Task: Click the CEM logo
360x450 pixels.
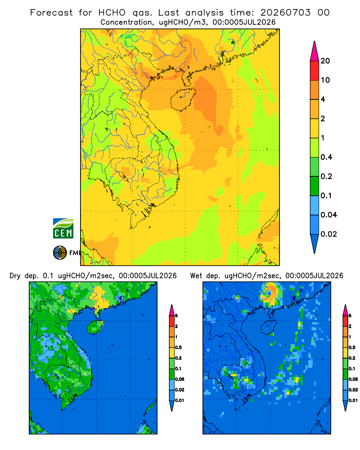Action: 63,229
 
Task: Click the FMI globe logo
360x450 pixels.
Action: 60,252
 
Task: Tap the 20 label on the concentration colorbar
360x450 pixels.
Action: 325,61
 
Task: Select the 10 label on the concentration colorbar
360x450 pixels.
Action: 325,80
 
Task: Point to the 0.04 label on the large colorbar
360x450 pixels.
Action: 328,215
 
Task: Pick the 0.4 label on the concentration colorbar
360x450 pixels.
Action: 326,157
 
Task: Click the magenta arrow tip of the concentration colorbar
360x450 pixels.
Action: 315,51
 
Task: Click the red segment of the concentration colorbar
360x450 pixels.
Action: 315,71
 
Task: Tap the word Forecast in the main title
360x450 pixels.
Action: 51,13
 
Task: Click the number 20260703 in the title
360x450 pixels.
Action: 285,13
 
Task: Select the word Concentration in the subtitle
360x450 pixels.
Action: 126,22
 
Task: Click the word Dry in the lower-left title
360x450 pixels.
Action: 15,276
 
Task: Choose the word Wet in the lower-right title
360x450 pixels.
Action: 196,276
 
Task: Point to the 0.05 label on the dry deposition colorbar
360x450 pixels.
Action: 180,379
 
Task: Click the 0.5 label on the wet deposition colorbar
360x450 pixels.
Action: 351,347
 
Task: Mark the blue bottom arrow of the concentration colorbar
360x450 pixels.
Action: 315,243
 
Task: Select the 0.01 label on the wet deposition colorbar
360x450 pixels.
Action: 353,400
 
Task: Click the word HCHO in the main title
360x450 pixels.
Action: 112,13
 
